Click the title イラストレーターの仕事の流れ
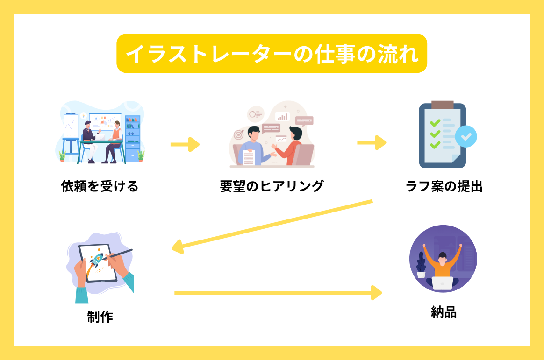point(272,53)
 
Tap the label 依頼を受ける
point(100,186)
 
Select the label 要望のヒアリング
point(272,186)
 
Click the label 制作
point(100,317)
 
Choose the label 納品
point(444,312)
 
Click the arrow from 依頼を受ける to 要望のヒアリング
point(185,144)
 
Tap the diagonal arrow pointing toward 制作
point(271,225)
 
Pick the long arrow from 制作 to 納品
point(278,293)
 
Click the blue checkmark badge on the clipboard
point(466,136)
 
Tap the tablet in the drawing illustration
point(97,263)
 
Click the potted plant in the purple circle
point(422,267)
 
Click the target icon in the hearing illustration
point(239,135)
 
